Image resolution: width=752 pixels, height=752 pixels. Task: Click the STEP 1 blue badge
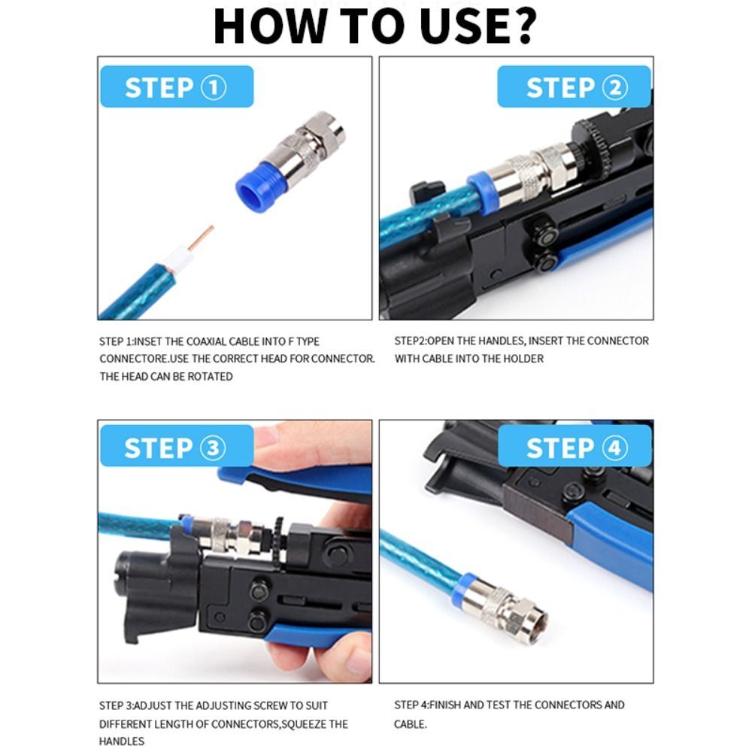[x=176, y=88]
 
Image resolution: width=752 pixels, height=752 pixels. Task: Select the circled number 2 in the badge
[x=614, y=88]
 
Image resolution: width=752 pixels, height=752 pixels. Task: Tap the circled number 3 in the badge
[x=212, y=448]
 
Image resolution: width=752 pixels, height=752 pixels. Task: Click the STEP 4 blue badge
[x=575, y=448]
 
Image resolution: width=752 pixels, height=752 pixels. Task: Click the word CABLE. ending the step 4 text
[x=411, y=724]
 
